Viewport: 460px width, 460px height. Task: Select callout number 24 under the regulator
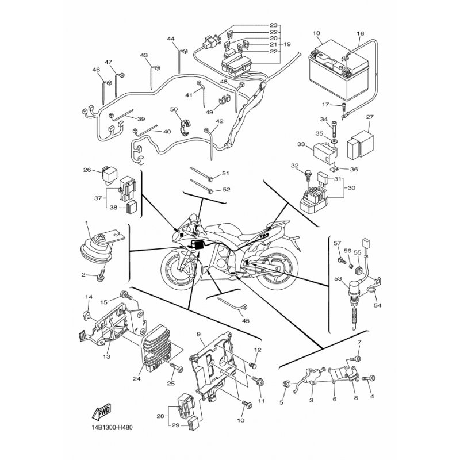point(137,379)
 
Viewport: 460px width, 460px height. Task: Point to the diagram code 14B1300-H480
point(112,427)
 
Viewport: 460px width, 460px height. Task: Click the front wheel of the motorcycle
point(180,268)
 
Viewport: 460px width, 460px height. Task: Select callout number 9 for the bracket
point(198,334)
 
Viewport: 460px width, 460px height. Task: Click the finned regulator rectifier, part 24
point(160,346)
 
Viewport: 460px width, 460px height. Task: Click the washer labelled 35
point(334,141)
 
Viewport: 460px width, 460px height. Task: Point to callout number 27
point(370,117)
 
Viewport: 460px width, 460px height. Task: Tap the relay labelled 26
point(109,175)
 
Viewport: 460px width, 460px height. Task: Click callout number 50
point(174,109)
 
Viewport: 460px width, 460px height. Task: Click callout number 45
point(246,321)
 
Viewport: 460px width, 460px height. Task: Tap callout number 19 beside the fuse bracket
point(287,44)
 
